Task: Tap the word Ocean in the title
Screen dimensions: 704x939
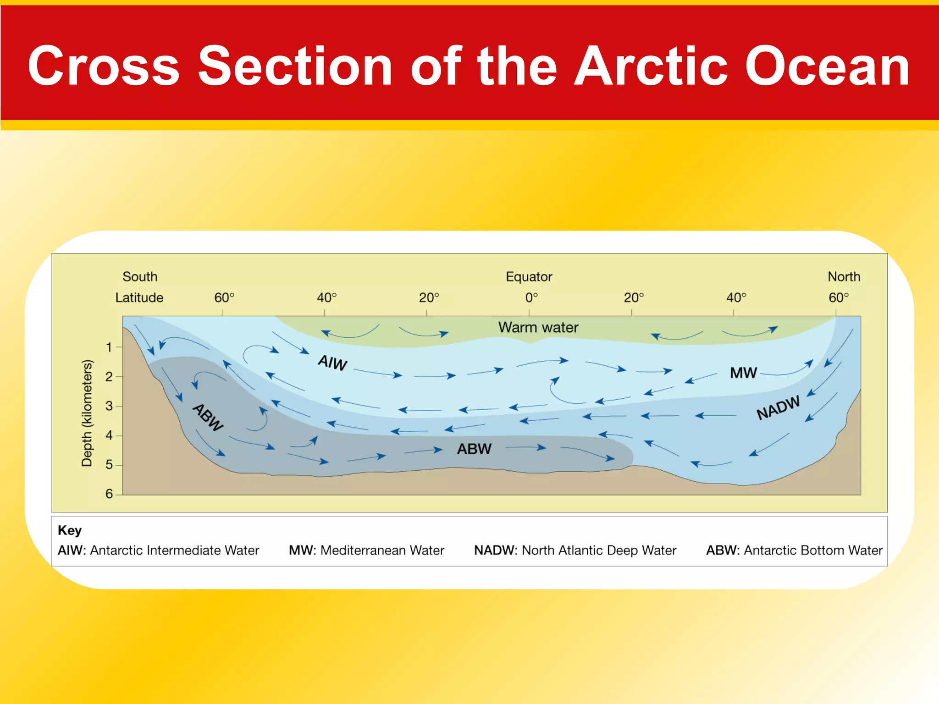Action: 827,66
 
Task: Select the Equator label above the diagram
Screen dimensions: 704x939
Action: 529,277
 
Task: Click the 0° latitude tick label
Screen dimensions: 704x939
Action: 531,298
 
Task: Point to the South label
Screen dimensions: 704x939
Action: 140,277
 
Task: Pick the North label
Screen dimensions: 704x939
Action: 844,277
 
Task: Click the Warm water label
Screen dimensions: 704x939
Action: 538,328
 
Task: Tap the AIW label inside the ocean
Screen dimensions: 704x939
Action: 332,363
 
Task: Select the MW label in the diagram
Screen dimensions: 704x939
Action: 743,373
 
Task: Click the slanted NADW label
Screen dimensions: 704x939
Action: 778,407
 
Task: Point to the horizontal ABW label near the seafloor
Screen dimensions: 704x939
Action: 474,449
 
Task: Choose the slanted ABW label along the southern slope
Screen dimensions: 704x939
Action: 208,417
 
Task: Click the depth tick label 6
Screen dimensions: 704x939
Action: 109,494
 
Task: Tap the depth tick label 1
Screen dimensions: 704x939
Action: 109,347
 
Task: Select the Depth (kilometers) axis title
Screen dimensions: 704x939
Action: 87,413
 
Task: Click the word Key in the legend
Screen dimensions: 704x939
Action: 70,530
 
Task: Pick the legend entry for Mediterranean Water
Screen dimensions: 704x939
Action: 366,550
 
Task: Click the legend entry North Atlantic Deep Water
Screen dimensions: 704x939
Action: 575,550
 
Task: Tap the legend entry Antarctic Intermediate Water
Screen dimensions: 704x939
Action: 158,550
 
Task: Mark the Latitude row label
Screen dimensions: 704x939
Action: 139,298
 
